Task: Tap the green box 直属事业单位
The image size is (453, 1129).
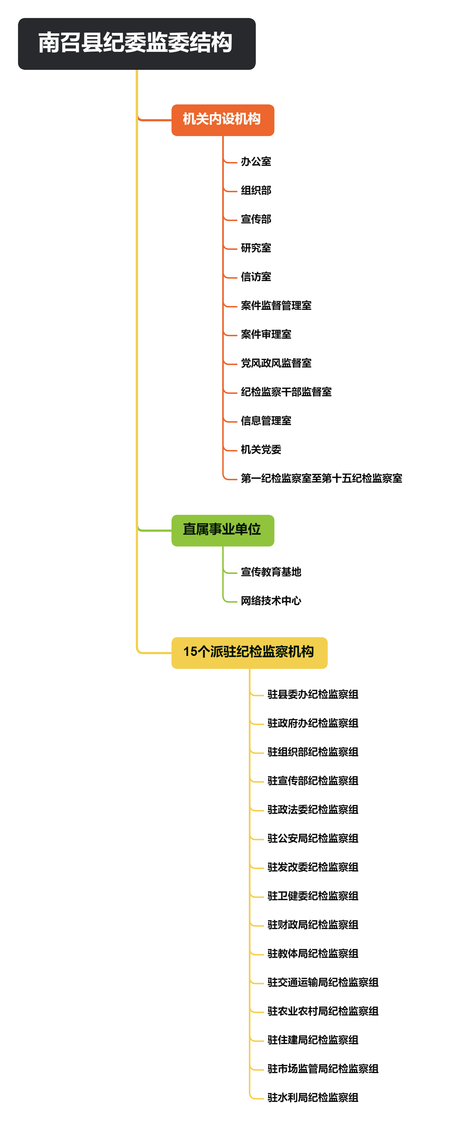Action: (222, 530)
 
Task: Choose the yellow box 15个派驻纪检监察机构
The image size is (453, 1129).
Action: (249, 652)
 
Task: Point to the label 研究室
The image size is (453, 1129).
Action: (256, 248)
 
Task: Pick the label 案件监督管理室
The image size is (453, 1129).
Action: (276, 306)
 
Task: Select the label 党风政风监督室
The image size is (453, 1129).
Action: (276, 363)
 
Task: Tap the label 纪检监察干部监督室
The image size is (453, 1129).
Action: (286, 392)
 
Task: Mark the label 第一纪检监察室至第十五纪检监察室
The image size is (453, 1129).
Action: (321, 478)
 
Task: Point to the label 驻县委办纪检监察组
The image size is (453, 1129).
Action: (313, 694)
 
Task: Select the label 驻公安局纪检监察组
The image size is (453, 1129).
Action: (313, 838)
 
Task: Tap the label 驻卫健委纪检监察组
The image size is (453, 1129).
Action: (313, 896)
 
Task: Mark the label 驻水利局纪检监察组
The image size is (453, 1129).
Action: (313, 1098)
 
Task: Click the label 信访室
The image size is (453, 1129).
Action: (256, 277)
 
